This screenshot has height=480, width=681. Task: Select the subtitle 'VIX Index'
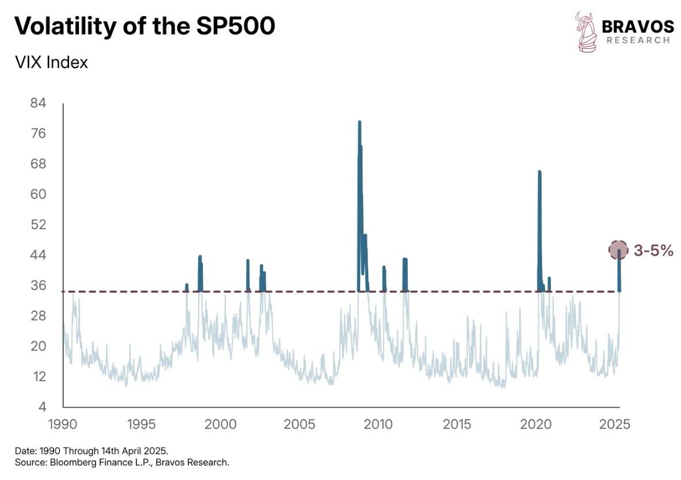pos(51,62)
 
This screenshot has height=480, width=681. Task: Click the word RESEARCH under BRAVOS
pos(638,40)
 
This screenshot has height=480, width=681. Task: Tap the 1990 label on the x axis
pos(62,425)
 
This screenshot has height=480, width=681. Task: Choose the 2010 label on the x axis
pos(379,425)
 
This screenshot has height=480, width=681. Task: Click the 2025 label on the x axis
pos(615,425)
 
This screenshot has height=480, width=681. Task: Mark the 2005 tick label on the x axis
pos(299,425)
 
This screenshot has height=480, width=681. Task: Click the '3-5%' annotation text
pos(653,250)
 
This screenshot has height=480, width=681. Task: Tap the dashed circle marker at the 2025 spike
pos(619,249)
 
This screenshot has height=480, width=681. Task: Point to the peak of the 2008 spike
pos(360,123)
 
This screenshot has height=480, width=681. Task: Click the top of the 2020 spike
pos(539,172)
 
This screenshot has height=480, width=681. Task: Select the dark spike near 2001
pos(248,261)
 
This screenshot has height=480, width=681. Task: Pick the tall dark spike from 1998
pos(200,257)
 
